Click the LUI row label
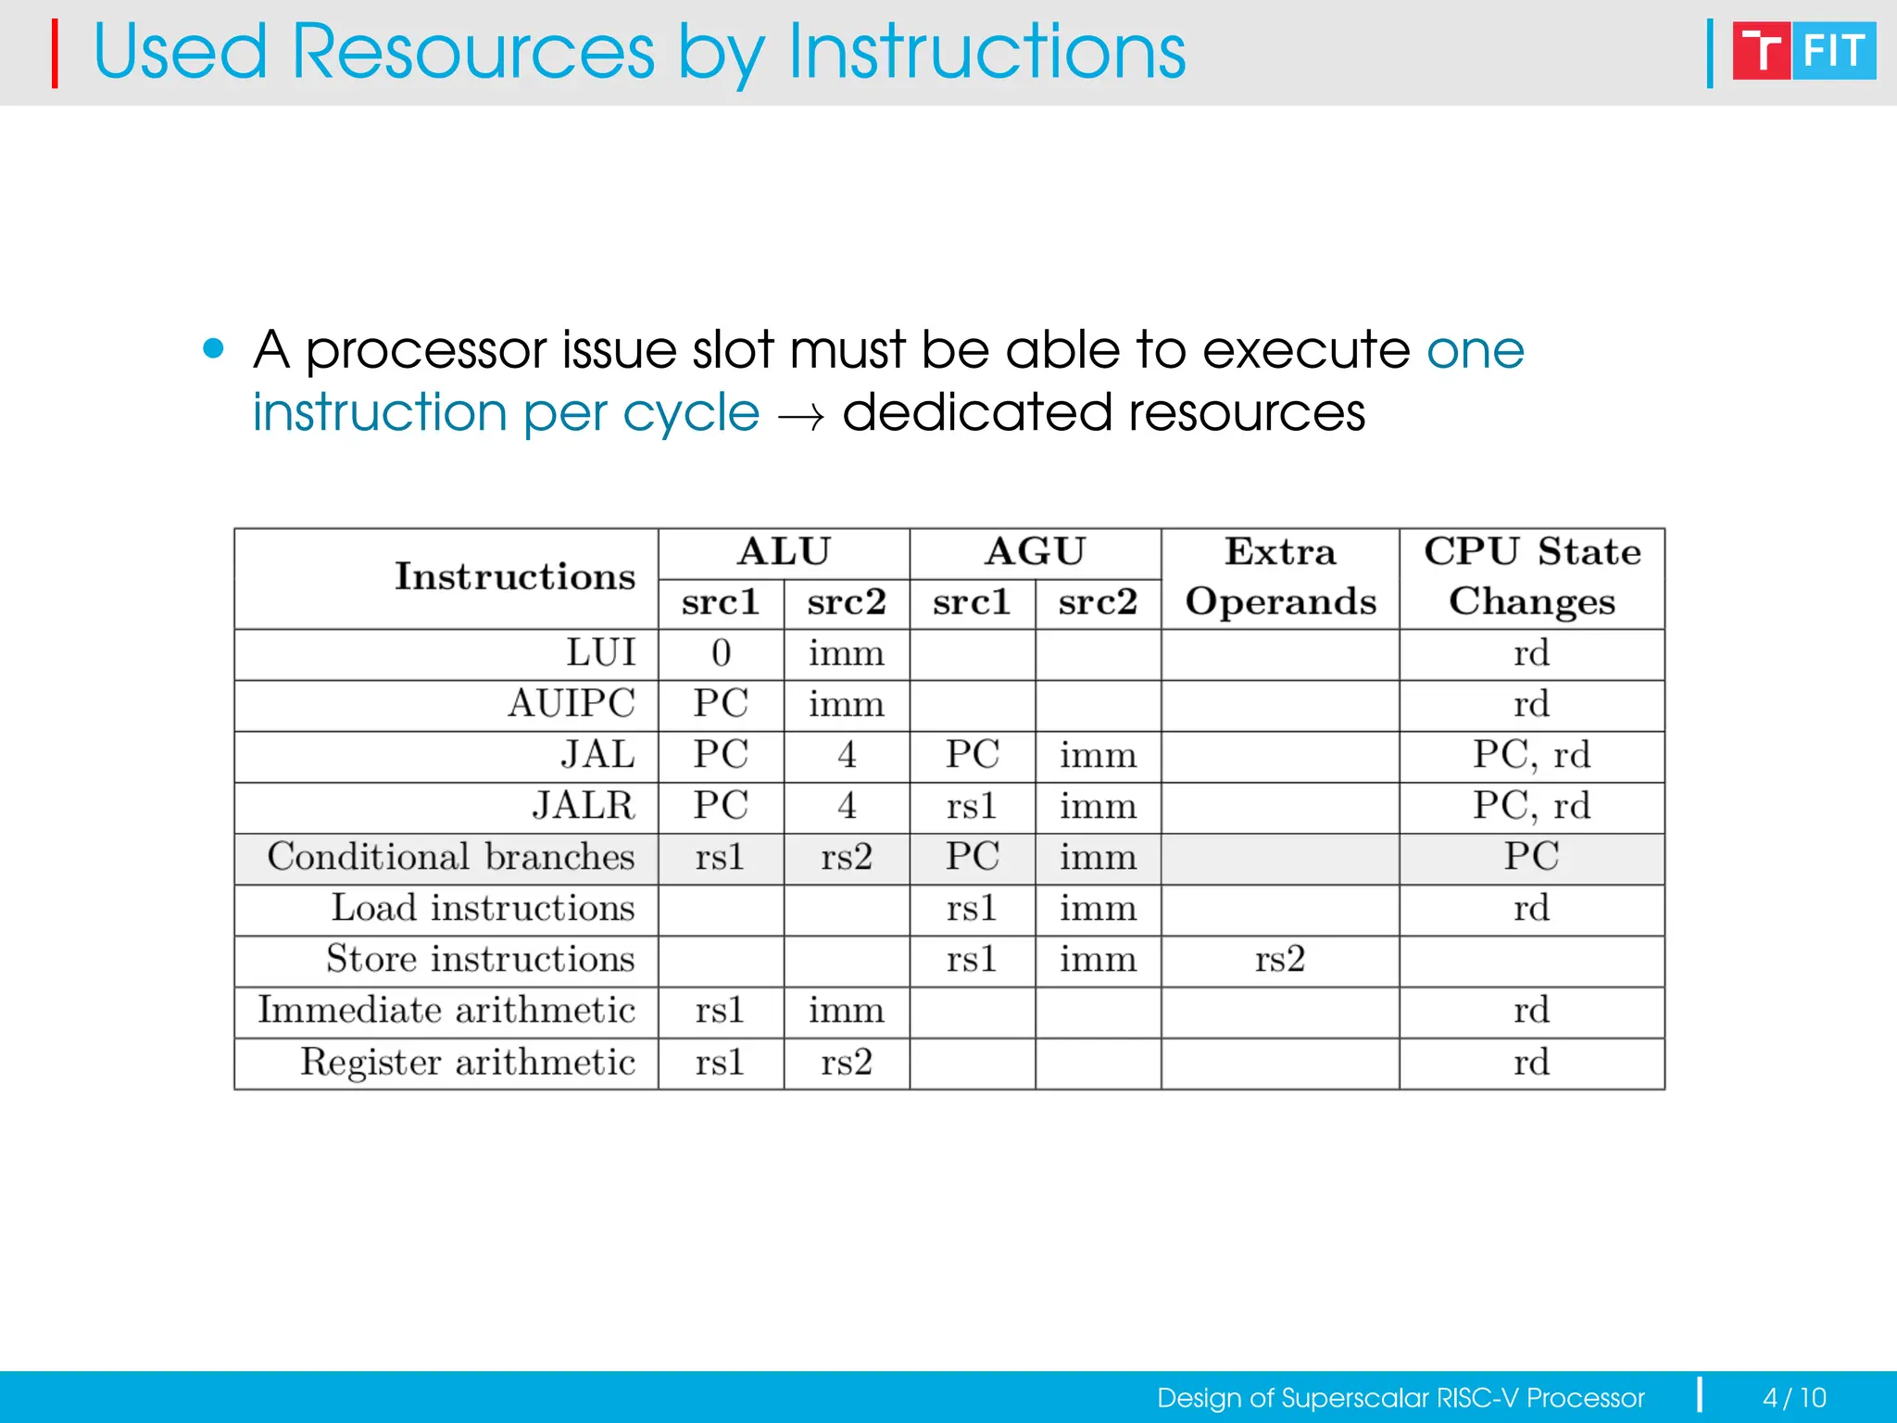(600, 654)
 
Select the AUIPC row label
(571, 704)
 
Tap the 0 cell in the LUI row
(721, 654)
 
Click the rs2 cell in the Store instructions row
(1279, 960)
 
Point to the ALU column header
(784, 552)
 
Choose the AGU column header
(1035, 552)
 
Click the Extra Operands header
(1280, 577)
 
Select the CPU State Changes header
(1532, 577)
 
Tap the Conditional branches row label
(451, 857)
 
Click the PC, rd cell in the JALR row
(1532, 806)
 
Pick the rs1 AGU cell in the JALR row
(972, 806)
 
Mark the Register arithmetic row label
(468, 1062)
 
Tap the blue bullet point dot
(214, 349)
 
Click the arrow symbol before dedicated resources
(800, 418)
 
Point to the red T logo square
(1761, 51)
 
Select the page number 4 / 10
(1794, 1397)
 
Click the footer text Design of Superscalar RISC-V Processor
(1401, 1397)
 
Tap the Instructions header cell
(515, 577)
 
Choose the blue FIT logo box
(1834, 51)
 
